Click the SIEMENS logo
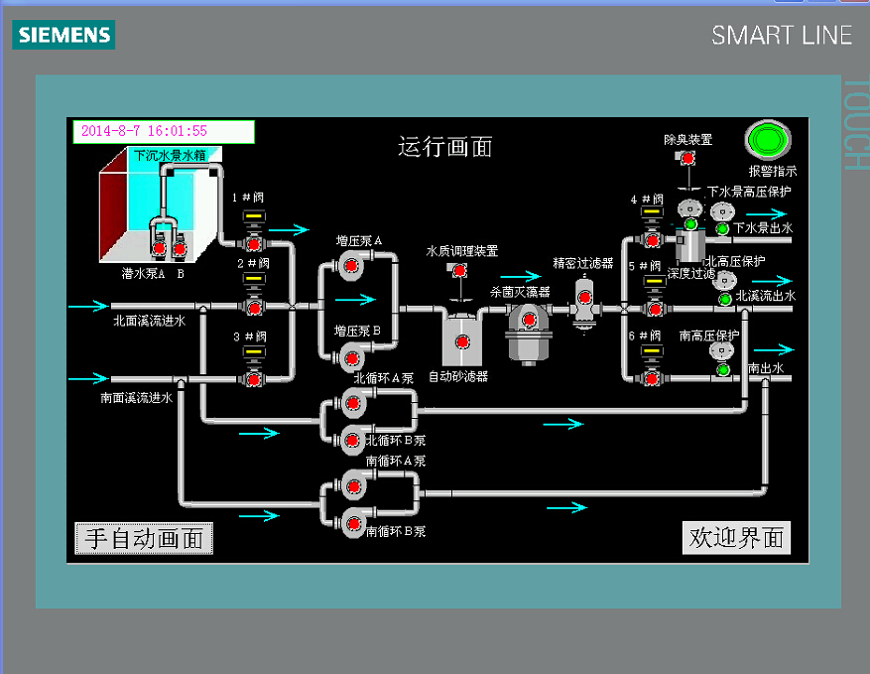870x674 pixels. [63, 36]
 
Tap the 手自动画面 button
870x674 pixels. [144, 538]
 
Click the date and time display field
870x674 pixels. [164, 131]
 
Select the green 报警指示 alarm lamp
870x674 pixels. [767, 140]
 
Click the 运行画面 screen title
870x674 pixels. [445, 148]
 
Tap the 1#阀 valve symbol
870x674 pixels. [254, 242]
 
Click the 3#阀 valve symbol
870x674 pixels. [254, 378]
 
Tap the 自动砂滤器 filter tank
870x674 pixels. [461, 340]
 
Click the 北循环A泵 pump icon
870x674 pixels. [352, 403]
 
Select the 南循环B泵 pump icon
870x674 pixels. [352, 517]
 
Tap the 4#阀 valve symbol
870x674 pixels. [653, 238]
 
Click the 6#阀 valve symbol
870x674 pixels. [653, 376]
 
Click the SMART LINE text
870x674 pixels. [782, 36]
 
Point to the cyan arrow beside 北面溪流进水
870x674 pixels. [86, 306]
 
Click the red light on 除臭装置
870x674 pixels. [686, 158]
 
